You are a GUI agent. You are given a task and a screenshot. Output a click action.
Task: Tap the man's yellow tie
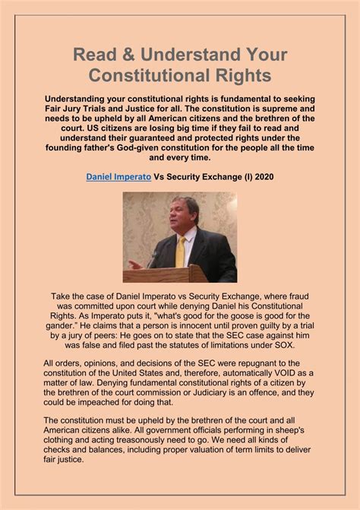pos(180,250)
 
